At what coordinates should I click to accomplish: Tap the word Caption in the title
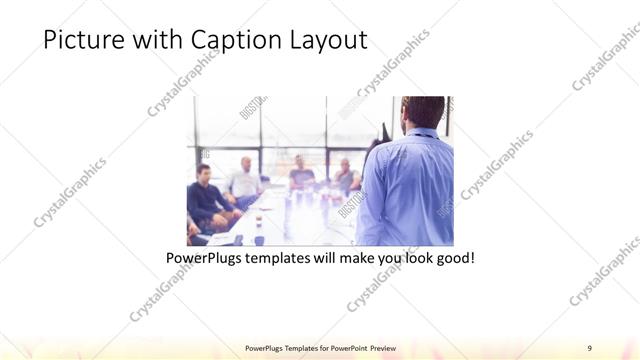point(247,40)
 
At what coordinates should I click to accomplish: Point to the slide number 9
point(590,347)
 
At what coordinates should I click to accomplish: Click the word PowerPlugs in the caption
point(204,257)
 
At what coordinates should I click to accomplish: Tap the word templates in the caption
point(281,257)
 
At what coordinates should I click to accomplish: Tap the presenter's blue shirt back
point(405,185)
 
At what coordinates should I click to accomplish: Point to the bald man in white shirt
point(243,182)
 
